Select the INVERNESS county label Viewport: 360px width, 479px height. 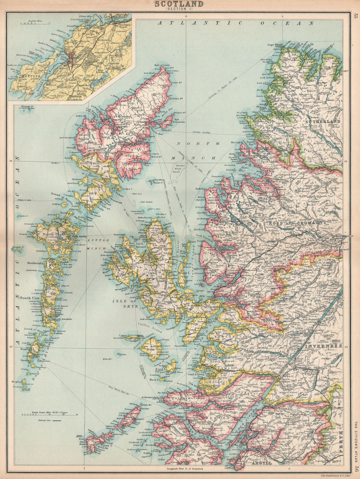[324, 346]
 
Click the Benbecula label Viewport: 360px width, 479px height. [35, 263]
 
